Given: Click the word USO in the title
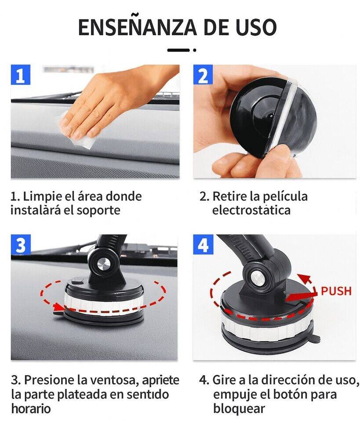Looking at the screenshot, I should pyautogui.click(x=254, y=27).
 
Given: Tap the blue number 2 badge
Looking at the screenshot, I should pyautogui.click(x=203, y=75).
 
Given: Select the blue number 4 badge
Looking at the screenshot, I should pyautogui.click(x=203, y=245).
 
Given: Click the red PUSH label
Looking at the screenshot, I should pyautogui.click(x=336, y=291).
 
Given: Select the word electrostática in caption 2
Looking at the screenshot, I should pyautogui.click(x=251, y=210).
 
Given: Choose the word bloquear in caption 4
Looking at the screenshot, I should pyautogui.click(x=239, y=408).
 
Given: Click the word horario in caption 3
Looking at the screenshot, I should pyautogui.click(x=31, y=408).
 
